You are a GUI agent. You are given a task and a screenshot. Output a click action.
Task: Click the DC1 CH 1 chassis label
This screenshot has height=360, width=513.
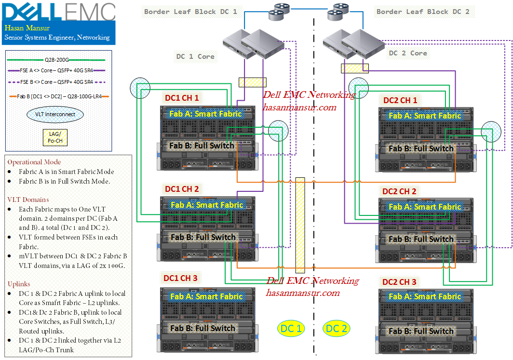coord(182,98)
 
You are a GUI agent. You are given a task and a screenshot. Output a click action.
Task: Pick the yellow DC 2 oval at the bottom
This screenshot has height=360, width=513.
coord(337,329)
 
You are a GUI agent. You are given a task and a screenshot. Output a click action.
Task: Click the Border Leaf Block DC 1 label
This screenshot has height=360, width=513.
coord(191,12)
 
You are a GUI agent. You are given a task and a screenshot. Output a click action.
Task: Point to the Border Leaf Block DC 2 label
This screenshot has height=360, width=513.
coord(423,12)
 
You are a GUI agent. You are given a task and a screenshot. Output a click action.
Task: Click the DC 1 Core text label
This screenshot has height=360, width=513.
coord(195,56)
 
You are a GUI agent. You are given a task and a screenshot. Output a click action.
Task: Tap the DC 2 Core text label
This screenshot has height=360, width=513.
coord(408,53)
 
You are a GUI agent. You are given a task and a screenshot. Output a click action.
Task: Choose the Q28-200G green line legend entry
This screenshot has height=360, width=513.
coord(57,60)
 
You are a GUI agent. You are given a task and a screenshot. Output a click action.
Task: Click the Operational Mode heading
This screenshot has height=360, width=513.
coord(34,162)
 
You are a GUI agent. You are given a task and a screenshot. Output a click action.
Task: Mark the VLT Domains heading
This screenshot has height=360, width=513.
coord(28,200)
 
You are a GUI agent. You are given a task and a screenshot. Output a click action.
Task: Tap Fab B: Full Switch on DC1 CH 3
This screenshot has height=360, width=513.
coord(202,328)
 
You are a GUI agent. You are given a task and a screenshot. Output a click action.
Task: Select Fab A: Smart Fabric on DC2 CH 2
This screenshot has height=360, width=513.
coord(425,207)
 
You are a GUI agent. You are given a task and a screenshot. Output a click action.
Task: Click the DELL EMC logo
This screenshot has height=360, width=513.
coord(59,11)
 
